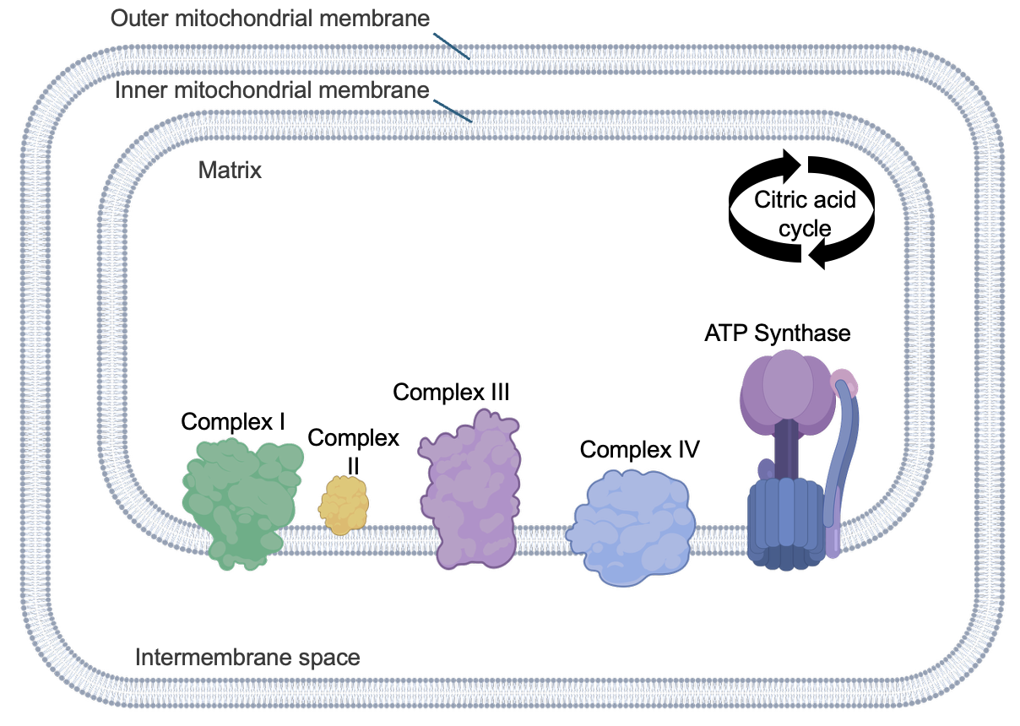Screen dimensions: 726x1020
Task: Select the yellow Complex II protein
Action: click(344, 506)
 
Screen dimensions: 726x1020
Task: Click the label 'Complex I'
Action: click(233, 421)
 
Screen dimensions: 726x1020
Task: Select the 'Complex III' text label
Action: click(451, 392)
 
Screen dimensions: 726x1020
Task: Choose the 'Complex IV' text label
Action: click(639, 449)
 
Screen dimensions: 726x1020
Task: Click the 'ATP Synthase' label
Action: click(777, 333)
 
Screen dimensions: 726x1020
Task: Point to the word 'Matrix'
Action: click(230, 171)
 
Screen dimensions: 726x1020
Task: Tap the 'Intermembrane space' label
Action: click(247, 657)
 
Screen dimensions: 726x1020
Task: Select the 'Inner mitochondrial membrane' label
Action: click(273, 89)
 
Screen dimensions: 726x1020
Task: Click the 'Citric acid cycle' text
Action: click(805, 214)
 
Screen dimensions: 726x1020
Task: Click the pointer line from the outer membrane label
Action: click(453, 46)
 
